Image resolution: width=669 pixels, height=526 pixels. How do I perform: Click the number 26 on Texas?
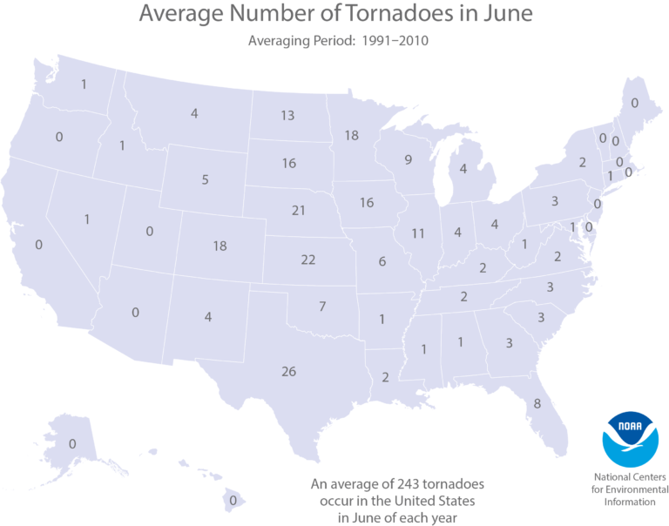[289, 372]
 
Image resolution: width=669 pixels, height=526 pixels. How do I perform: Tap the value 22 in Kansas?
[307, 260]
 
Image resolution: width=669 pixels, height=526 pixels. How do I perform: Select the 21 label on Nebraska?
[299, 211]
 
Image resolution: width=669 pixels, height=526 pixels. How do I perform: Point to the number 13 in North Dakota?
[287, 116]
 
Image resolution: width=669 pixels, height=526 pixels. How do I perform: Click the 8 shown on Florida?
[537, 403]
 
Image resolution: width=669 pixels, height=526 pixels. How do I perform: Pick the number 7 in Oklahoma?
[321, 307]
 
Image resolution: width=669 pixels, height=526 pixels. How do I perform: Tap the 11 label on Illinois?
[417, 233]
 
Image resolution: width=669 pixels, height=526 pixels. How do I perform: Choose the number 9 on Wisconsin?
[408, 159]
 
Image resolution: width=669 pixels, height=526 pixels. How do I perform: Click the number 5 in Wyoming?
[205, 180]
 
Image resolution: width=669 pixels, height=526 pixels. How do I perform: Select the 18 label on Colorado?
[220, 246]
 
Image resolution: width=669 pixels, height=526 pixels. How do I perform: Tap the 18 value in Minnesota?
[351, 136]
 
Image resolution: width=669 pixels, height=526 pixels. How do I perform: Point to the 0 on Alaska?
[72, 444]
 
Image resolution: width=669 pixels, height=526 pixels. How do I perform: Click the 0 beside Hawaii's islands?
[233, 501]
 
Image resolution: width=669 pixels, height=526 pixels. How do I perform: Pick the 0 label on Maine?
[633, 104]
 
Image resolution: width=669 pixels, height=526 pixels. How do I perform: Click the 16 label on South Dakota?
[289, 164]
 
